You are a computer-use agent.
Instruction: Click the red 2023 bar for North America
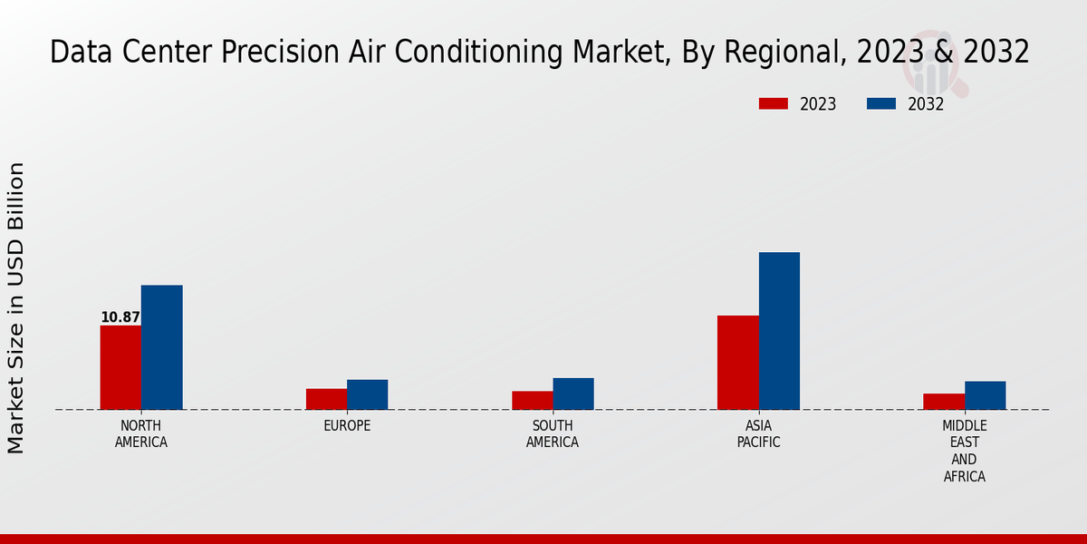[x=120, y=367]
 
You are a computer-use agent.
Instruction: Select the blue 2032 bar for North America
[x=161, y=347]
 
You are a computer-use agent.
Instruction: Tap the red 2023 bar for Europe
[x=326, y=399]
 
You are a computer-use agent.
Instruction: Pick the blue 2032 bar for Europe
[x=367, y=394]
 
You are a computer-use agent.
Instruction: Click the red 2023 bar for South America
[x=532, y=400]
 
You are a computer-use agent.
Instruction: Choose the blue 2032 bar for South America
[x=572, y=393]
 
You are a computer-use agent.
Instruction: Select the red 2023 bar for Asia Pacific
[x=737, y=363]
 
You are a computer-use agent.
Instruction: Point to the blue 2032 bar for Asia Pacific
[x=779, y=331]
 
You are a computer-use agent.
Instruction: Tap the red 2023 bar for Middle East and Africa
[x=944, y=402]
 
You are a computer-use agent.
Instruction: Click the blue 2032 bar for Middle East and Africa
[x=985, y=395]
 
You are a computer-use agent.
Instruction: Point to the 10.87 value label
[x=120, y=317]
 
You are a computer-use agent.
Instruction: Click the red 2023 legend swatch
[x=773, y=104]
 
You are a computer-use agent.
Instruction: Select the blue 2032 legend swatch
[x=880, y=104]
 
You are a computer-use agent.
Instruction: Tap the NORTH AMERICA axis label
[x=141, y=434]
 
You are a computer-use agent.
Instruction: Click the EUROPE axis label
[x=347, y=426]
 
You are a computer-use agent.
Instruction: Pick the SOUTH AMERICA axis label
[x=553, y=434]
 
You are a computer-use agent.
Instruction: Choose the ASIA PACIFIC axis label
[x=758, y=434]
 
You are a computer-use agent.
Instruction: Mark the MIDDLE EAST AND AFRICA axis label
[x=965, y=451]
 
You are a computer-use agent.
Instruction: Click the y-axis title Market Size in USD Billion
[x=16, y=308]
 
